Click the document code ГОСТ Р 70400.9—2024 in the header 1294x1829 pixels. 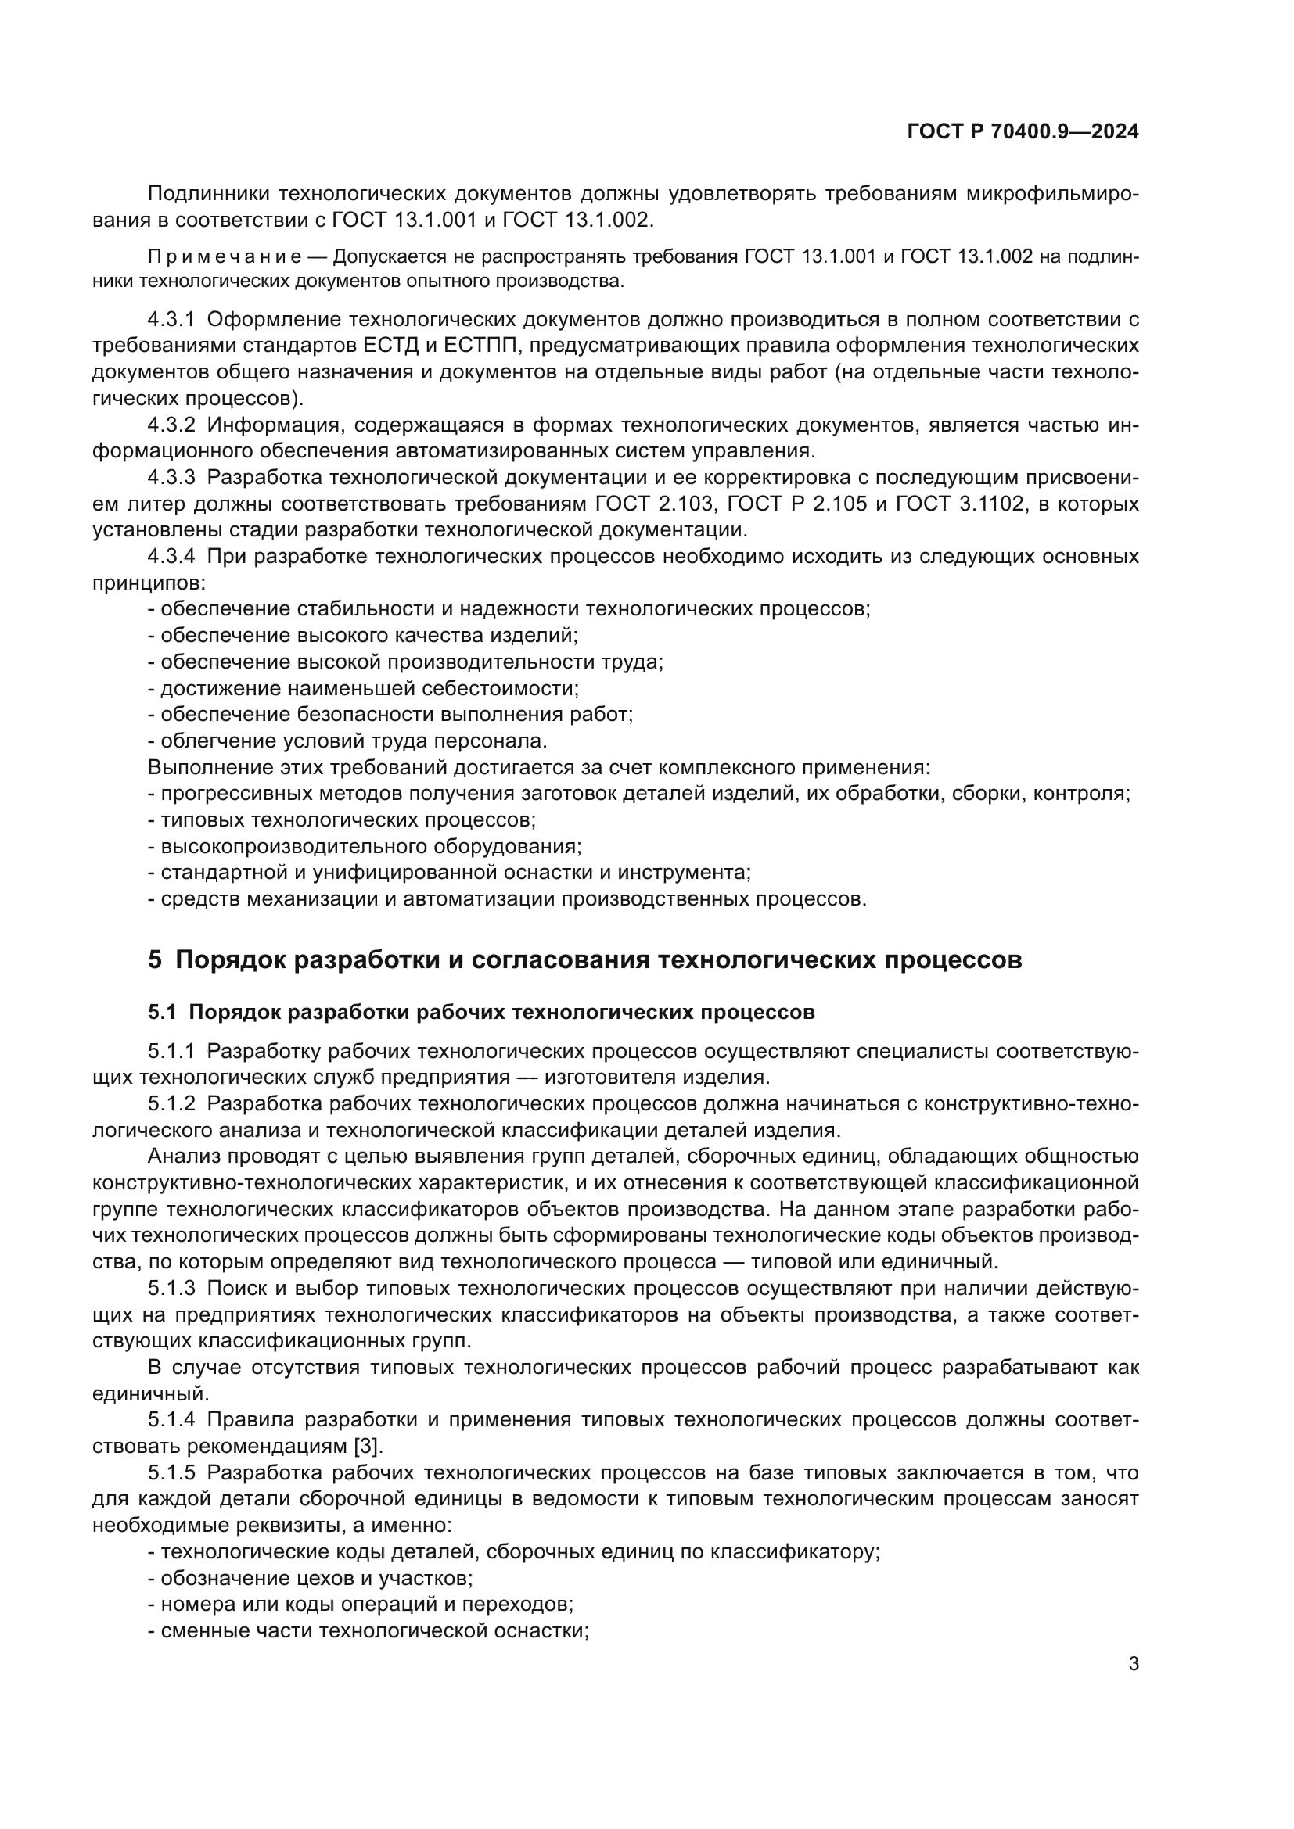(1023, 132)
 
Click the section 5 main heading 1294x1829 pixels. (584, 960)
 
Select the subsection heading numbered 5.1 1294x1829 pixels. (480, 1013)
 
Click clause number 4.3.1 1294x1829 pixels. (171, 321)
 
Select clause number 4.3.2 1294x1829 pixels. (171, 425)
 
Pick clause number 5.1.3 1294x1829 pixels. (171, 1288)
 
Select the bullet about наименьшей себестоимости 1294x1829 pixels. (363, 688)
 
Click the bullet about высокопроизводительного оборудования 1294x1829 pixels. (365, 846)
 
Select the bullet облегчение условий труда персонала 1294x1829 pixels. (347, 741)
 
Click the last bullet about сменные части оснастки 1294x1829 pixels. (368, 1630)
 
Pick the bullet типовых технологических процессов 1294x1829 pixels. (342, 819)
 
